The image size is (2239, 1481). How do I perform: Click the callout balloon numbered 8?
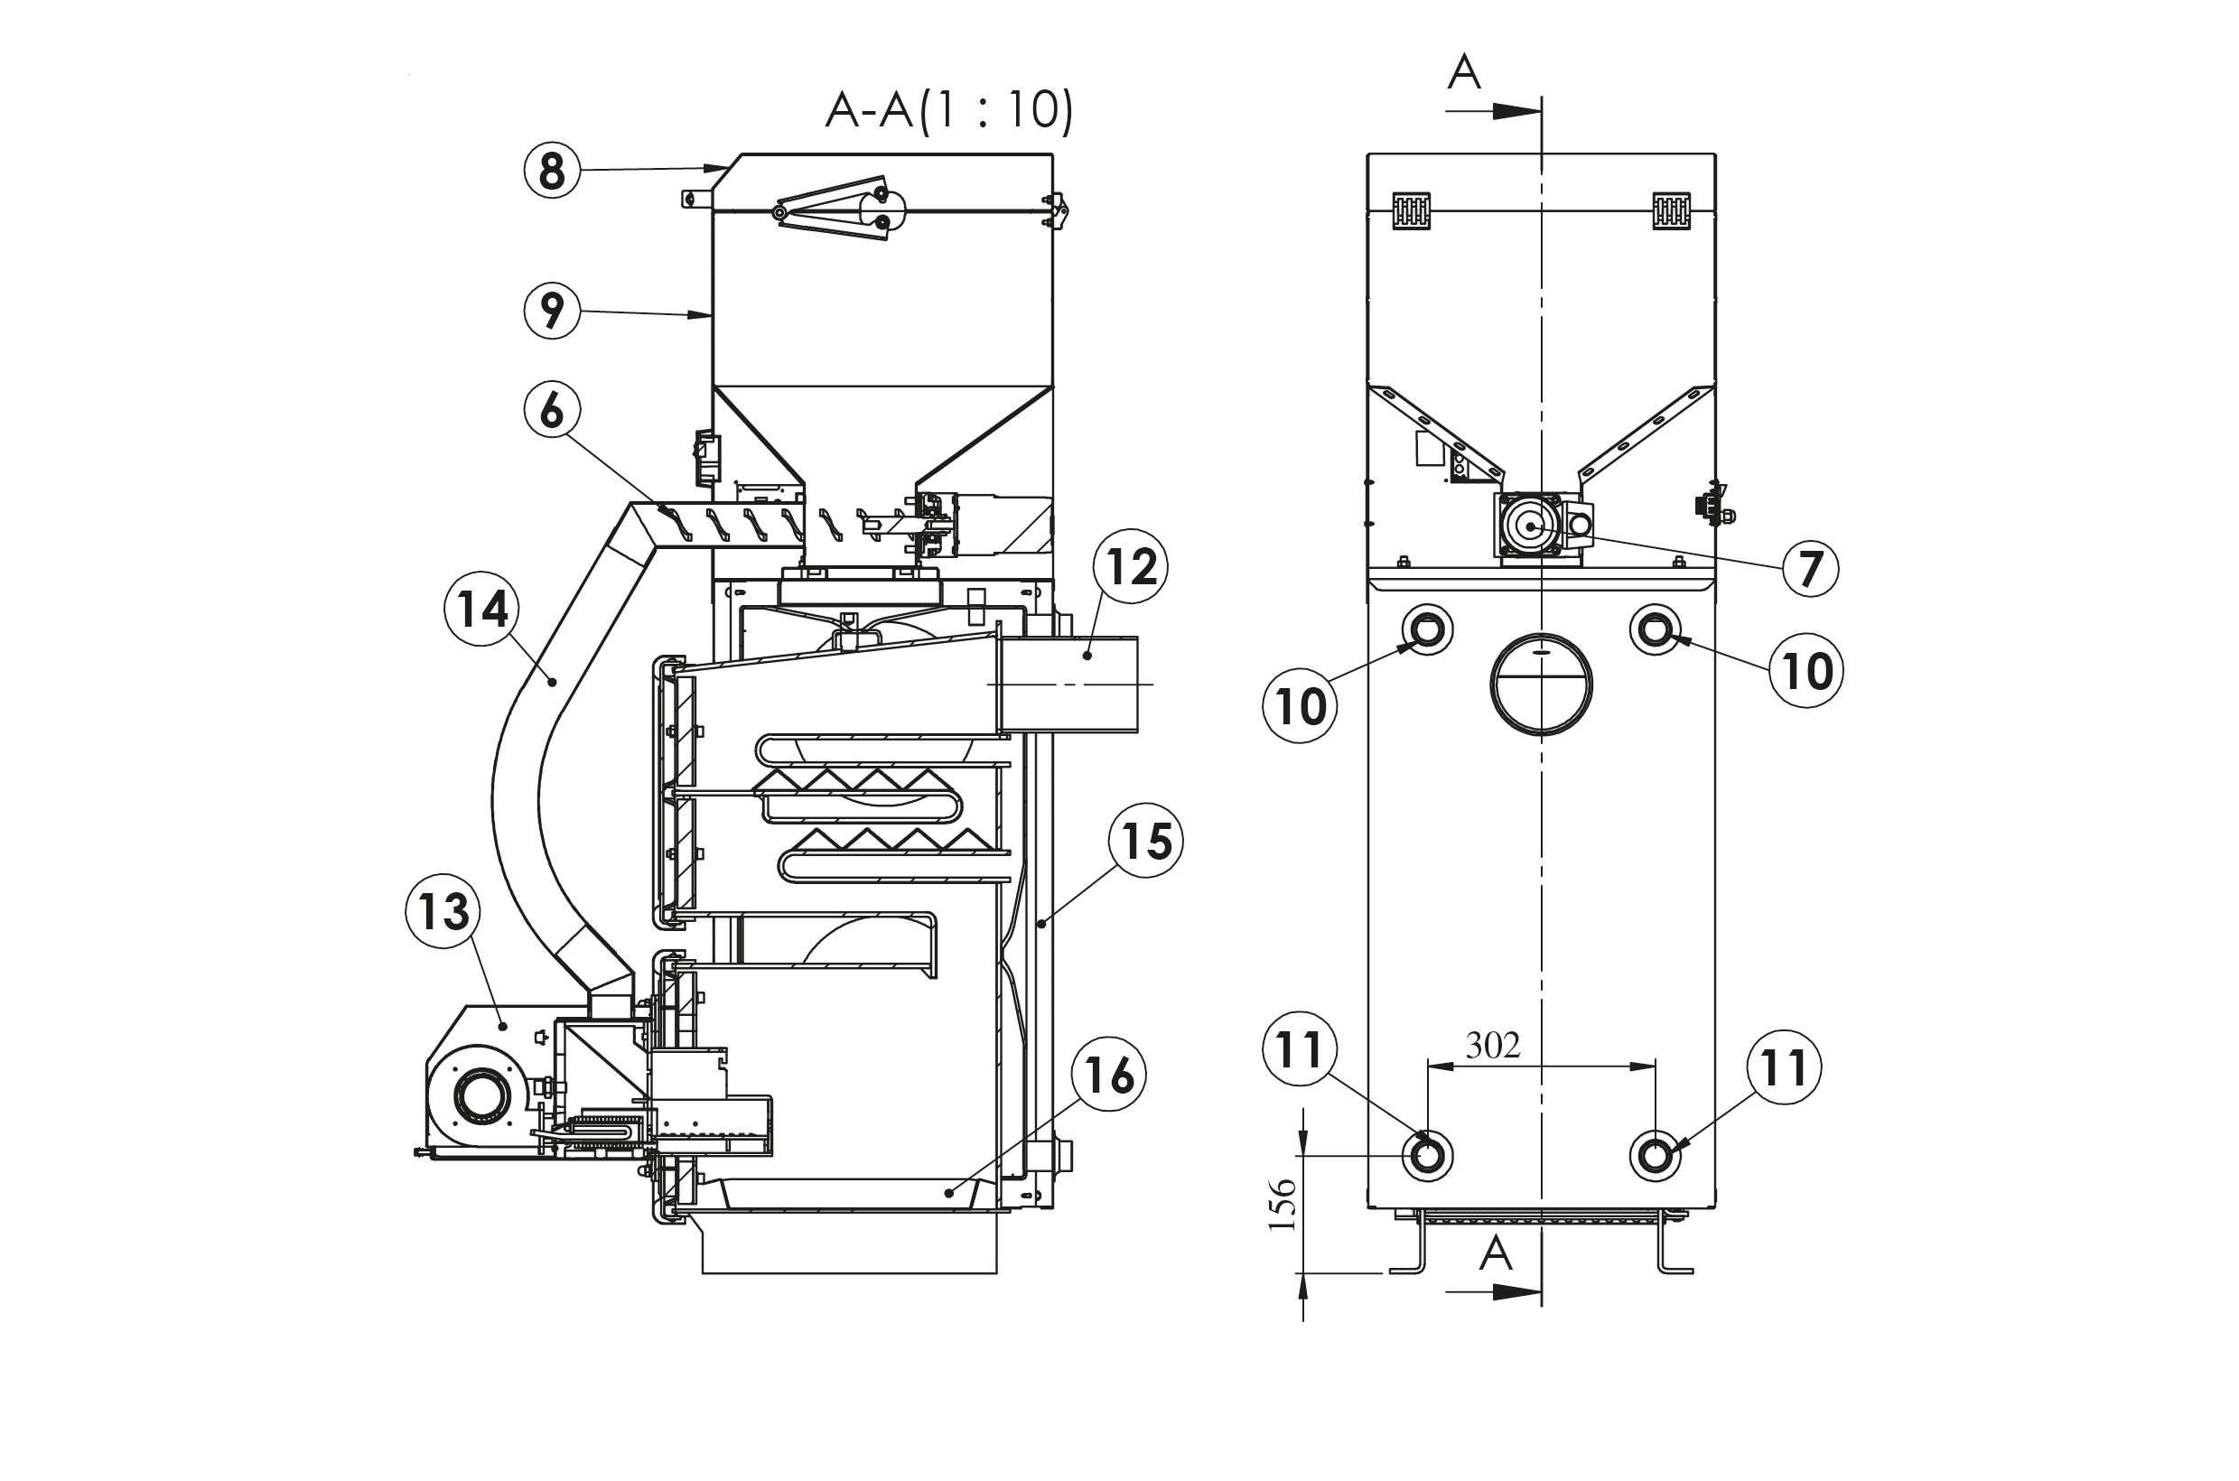pyautogui.click(x=552, y=171)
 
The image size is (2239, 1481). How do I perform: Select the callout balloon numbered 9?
pyautogui.click(x=552, y=311)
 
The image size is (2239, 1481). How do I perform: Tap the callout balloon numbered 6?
pyautogui.click(x=552, y=411)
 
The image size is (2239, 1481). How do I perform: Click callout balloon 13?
pyautogui.click(x=443, y=911)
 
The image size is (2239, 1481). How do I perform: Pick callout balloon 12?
pyautogui.click(x=1131, y=567)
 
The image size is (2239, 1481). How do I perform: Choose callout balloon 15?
pyautogui.click(x=1146, y=841)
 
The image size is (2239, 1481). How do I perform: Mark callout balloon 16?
pyautogui.click(x=1108, y=1074)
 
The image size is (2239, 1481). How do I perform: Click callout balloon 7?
pyautogui.click(x=1810, y=570)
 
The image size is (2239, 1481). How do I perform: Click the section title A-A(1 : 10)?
pyautogui.click(x=949, y=110)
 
